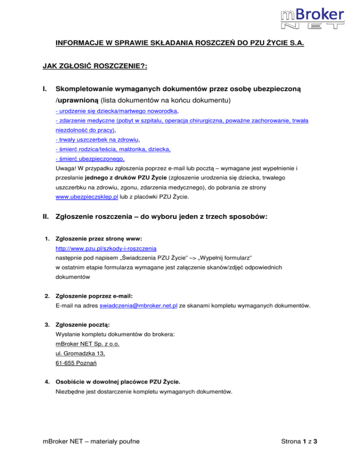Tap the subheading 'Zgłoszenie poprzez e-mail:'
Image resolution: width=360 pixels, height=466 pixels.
(x=94, y=296)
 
